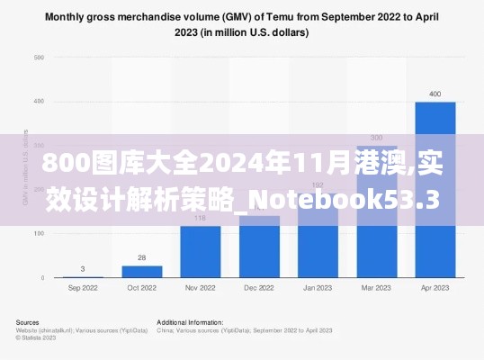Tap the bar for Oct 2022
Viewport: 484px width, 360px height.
(141, 271)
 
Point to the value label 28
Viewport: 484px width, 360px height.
(141, 257)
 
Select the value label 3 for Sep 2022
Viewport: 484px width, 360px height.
(83, 268)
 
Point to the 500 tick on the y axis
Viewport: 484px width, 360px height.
(39, 58)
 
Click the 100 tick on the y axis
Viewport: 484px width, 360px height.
(39, 234)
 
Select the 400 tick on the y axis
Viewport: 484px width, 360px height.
(39, 102)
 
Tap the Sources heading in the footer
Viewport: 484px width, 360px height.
(28, 321)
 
